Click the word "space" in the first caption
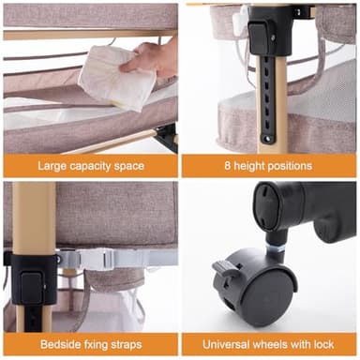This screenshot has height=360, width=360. coord(129,166)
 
